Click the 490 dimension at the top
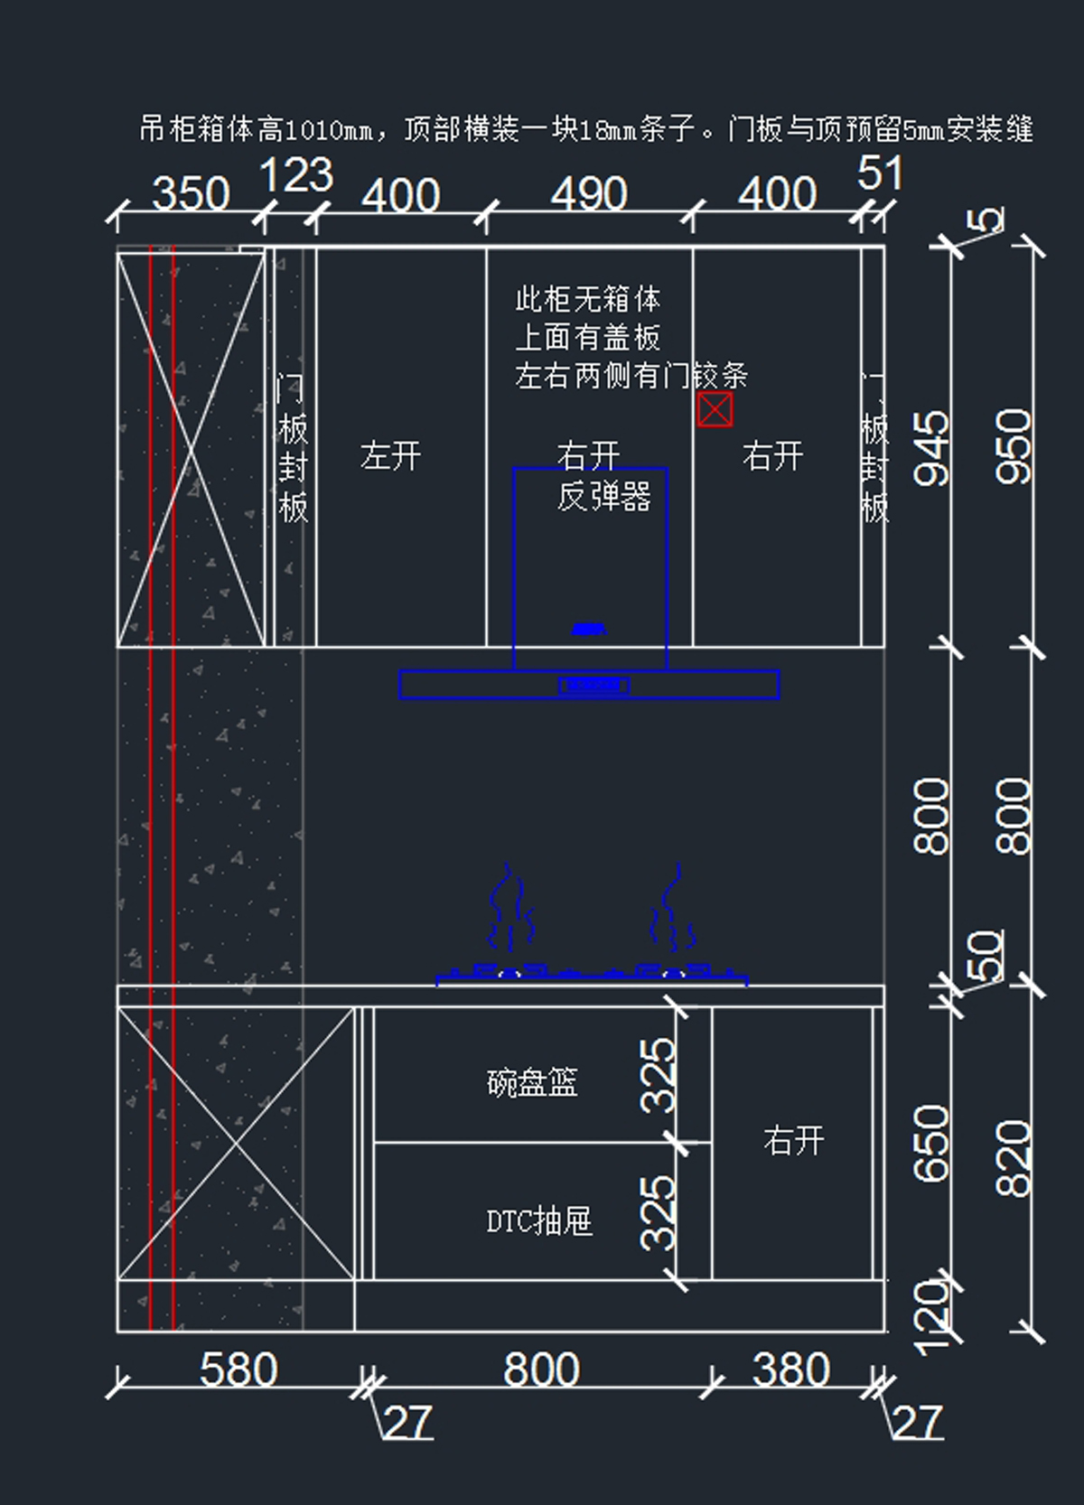click(x=589, y=194)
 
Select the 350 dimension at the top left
click(x=191, y=194)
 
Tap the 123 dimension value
click(x=296, y=175)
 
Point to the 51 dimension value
click(x=879, y=173)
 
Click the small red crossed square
click(x=715, y=410)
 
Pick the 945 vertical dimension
click(x=932, y=448)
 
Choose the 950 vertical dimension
click(x=1014, y=446)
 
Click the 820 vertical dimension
click(x=1014, y=1158)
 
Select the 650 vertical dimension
click(x=932, y=1143)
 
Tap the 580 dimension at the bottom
click(x=238, y=1370)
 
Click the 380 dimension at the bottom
click(x=790, y=1370)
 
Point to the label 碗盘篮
click(x=532, y=1082)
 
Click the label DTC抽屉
click(x=539, y=1221)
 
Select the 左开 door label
click(x=390, y=456)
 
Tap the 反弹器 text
click(x=603, y=496)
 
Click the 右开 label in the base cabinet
click(x=793, y=1141)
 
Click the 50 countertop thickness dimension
click(x=986, y=955)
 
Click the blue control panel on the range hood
click(x=593, y=686)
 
